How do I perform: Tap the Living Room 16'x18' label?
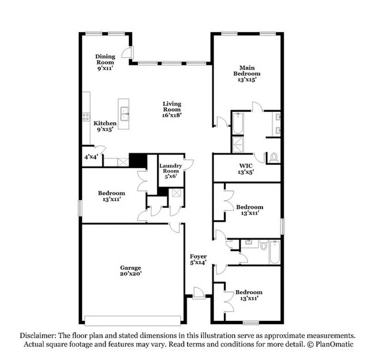[x=171, y=109]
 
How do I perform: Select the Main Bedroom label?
[x=246, y=73]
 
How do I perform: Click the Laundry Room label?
[x=171, y=171]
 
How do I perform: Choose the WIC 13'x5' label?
[x=246, y=169]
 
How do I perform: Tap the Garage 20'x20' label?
[x=131, y=271]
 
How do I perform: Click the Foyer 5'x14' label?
[x=199, y=259]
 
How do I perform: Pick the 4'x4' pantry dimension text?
[x=91, y=157]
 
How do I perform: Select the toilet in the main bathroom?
[x=273, y=156]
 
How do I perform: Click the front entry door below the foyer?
[x=199, y=295]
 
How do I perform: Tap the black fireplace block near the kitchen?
[x=137, y=161]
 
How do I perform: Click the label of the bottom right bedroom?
[x=246, y=295]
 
